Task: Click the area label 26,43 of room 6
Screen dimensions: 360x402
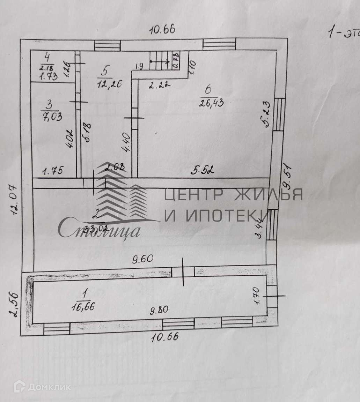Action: click(211, 103)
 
